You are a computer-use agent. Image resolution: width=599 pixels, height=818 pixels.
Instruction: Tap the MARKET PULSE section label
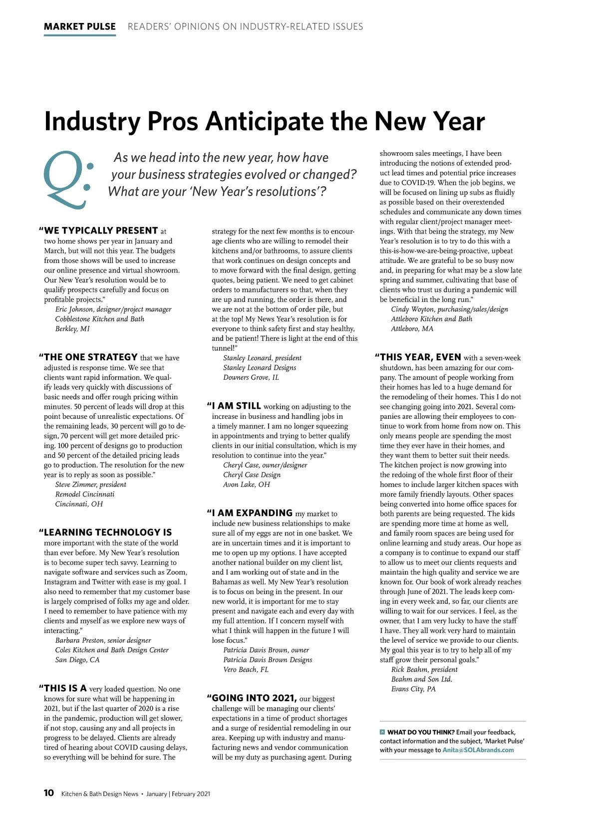80,26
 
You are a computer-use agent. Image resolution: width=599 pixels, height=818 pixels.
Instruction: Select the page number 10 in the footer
49,793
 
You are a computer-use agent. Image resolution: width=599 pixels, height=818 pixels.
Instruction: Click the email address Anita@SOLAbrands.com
478,750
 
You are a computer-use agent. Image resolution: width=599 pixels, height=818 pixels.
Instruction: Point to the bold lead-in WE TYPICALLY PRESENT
101,231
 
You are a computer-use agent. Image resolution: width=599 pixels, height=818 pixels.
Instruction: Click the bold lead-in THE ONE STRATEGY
90,357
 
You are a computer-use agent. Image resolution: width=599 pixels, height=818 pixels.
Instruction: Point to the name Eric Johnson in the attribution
74,309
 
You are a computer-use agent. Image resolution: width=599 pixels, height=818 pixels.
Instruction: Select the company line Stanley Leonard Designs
260,367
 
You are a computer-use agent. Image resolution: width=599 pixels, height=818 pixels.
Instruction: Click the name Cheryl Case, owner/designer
265,465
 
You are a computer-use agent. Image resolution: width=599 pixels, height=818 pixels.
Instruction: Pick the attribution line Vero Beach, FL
246,670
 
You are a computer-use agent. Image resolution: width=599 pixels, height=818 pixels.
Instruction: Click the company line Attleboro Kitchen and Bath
431,319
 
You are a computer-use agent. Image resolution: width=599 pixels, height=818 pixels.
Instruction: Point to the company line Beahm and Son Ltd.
421,679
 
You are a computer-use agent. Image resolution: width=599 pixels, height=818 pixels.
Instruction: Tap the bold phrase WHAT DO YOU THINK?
421,732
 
